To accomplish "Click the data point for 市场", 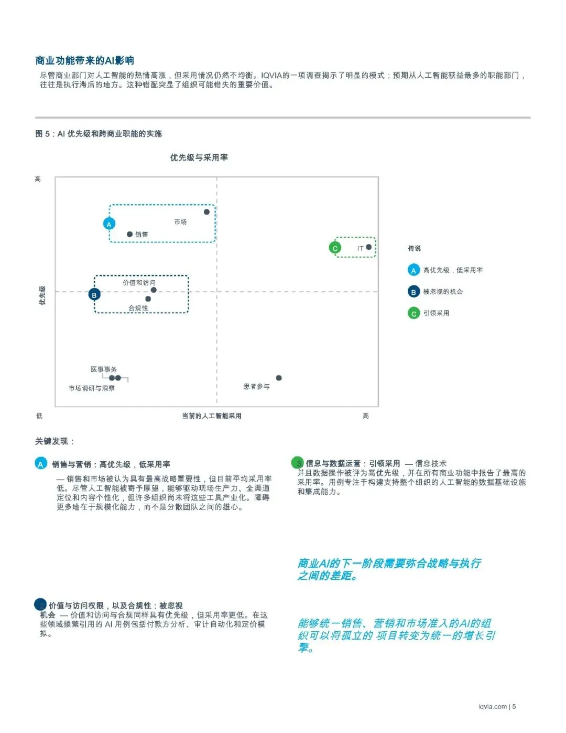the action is tap(206, 212).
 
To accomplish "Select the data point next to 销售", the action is tap(130, 235).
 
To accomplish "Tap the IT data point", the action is tap(369, 247).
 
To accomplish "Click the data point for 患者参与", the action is tap(279, 378).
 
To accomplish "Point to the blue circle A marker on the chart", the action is tap(109, 224).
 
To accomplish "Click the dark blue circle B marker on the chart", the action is tap(94, 295).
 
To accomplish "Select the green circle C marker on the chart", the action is tap(335, 248).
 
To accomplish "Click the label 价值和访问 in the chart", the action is tap(139, 283).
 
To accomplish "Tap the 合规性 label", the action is tap(138, 308).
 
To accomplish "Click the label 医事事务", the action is tap(104, 369).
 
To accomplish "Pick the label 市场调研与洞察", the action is tap(92, 388).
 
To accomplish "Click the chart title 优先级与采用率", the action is tap(199, 157).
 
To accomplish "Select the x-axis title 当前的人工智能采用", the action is tap(212, 416).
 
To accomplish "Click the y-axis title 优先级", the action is tap(42, 295).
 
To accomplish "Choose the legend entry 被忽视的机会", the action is tap(443, 292).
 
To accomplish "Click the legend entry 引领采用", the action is tap(436, 313).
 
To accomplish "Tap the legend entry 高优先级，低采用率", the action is tap(453, 270).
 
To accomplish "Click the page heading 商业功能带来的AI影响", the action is tap(85, 60).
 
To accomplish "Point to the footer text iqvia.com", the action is tap(493, 706).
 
